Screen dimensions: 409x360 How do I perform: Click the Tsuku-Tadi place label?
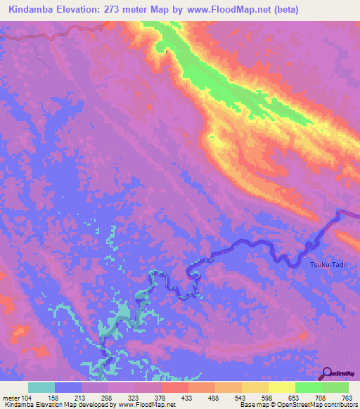click(x=328, y=264)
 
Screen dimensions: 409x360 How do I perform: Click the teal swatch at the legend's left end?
click(x=41, y=387)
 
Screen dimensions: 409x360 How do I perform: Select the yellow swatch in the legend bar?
click(x=282, y=387)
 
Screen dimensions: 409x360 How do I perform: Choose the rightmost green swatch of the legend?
click(x=335, y=387)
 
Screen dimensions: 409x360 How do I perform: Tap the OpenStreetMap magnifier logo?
click(x=328, y=372)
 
